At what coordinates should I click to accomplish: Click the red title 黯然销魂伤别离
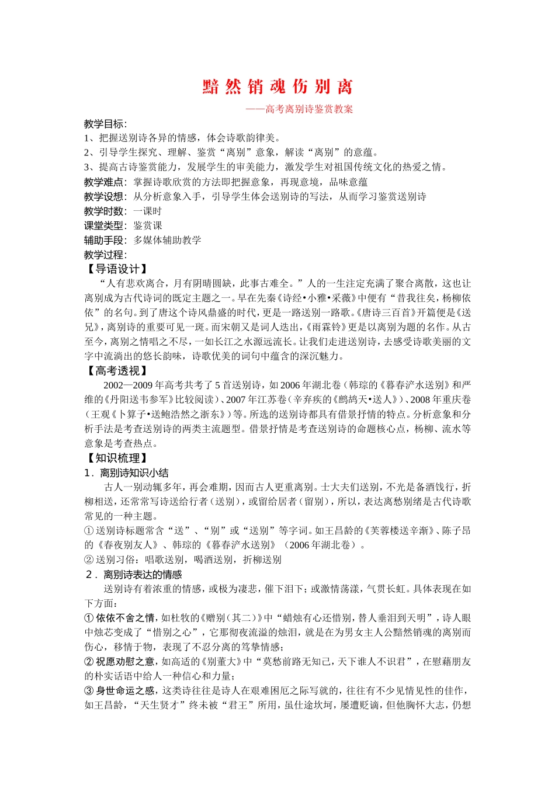pyautogui.click(x=277, y=87)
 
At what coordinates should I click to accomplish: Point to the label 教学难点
pyautogui.click(x=104, y=182)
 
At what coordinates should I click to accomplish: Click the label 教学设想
pyautogui.click(x=104, y=197)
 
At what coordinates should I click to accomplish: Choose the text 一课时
pyautogui.click(x=147, y=211)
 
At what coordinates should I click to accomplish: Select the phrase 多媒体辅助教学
pyautogui.click(x=167, y=240)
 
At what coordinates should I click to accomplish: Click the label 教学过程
pyautogui.click(x=104, y=255)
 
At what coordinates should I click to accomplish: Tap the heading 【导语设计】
pyautogui.click(x=116, y=269)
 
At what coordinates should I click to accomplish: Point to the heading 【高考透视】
pyautogui.click(x=116, y=371)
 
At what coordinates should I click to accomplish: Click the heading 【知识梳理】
pyautogui.click(x=116, y=458)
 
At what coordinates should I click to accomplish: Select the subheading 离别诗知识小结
pyautogui.click(x=134, y=473)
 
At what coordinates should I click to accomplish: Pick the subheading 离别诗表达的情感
pyautogui.click(x=143, y=575)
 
